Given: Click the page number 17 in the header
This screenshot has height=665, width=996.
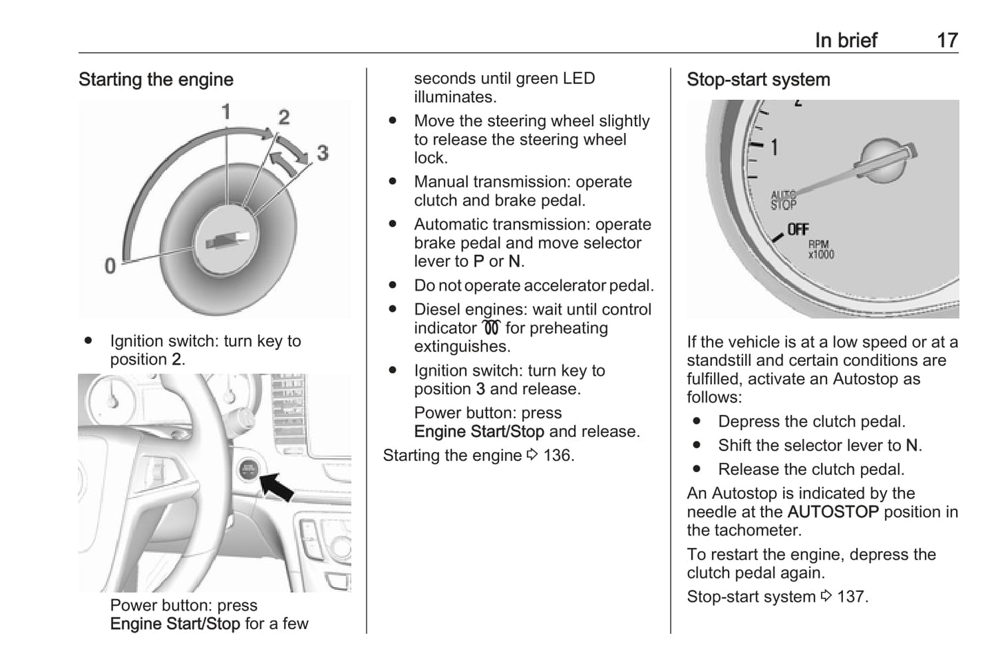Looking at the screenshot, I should tap(947, 40).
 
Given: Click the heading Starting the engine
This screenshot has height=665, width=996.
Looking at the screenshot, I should tap(156, 80).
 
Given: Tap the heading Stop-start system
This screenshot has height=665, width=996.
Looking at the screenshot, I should tap(758, 80).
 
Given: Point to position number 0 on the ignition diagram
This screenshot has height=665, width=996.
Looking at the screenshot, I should tap(110, 265).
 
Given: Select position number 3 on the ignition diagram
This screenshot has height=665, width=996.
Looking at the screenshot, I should tap(323, 152).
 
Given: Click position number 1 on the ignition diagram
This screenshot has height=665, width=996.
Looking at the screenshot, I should tap(225, 111).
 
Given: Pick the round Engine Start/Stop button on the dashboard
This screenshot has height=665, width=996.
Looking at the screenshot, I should tap(247, 470).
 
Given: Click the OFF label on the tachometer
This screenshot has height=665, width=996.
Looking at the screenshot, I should tap(797, 229).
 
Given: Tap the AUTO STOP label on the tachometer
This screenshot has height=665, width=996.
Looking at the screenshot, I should tap(784, 201).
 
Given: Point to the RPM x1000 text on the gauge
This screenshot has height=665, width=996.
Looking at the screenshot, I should tap(820, 249).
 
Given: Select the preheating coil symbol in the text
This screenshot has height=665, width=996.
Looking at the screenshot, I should tap(491, 328).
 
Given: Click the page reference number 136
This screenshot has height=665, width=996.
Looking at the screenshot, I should tap(558, 456).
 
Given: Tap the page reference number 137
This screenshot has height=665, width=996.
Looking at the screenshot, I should tap(852, 597).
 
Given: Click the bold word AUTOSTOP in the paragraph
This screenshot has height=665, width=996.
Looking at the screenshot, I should tap(833, 512).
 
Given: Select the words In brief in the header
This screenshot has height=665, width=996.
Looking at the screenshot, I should tap(846, 40).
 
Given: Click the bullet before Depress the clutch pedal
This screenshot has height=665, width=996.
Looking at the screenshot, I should tap(697, 421).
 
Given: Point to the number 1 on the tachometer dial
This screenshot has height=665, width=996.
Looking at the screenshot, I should tap(775, 147).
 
